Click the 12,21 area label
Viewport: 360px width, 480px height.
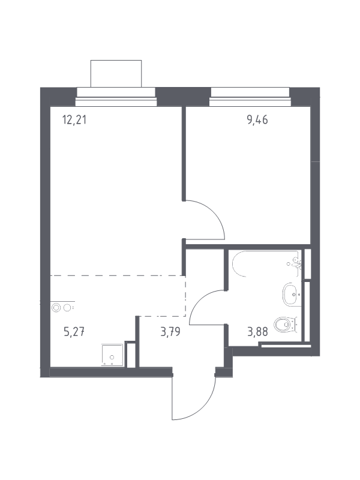tap(74, 119)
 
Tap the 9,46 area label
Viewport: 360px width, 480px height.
tap(257, 120)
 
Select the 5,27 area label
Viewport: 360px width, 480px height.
tap(74, 332)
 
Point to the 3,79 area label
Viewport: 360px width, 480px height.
tap(170, 332)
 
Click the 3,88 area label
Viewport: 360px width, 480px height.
tap(257, 332)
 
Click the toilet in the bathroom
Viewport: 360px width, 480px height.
tap(285, 325)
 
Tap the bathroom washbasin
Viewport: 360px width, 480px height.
tap(292, 294)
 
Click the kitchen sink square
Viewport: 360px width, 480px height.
tap(112, 355)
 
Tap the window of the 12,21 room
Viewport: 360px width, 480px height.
tap(116, 97)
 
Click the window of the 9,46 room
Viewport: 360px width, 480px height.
tap(250, 97)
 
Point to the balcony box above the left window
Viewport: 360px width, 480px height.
tap(116, 73)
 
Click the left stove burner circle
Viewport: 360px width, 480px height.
tap(56, 308)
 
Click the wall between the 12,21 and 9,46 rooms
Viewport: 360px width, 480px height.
tap(184, 153)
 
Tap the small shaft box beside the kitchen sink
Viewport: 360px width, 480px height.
tap(131, 355)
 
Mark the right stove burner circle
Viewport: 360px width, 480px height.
tap(68, 308)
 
